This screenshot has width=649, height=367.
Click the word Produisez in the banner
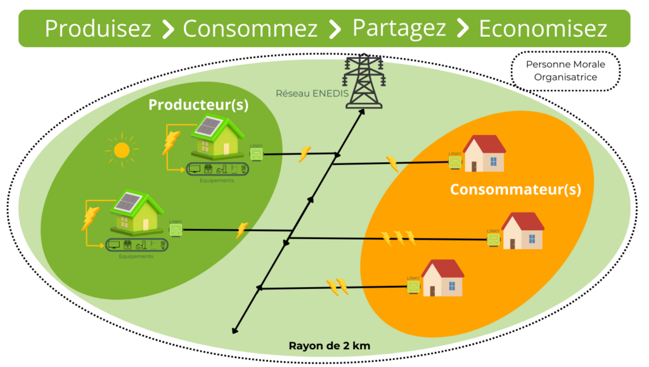98,29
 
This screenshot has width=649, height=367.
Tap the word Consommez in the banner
250,29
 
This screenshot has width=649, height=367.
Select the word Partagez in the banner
399,29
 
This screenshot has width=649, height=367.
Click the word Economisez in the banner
543,29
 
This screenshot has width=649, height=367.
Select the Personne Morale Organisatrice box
565,71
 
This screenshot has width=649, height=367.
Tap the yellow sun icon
121,150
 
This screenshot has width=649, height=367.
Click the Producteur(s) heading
198,105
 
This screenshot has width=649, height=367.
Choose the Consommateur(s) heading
515,189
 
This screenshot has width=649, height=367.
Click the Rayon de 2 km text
329,346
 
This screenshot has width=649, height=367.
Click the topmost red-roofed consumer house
484,153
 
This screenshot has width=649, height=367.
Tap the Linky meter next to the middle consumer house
493,240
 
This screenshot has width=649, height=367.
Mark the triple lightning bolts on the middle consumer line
399,238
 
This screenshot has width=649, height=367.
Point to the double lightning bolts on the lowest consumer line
337,287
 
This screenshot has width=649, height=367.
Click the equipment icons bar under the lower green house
136,245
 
